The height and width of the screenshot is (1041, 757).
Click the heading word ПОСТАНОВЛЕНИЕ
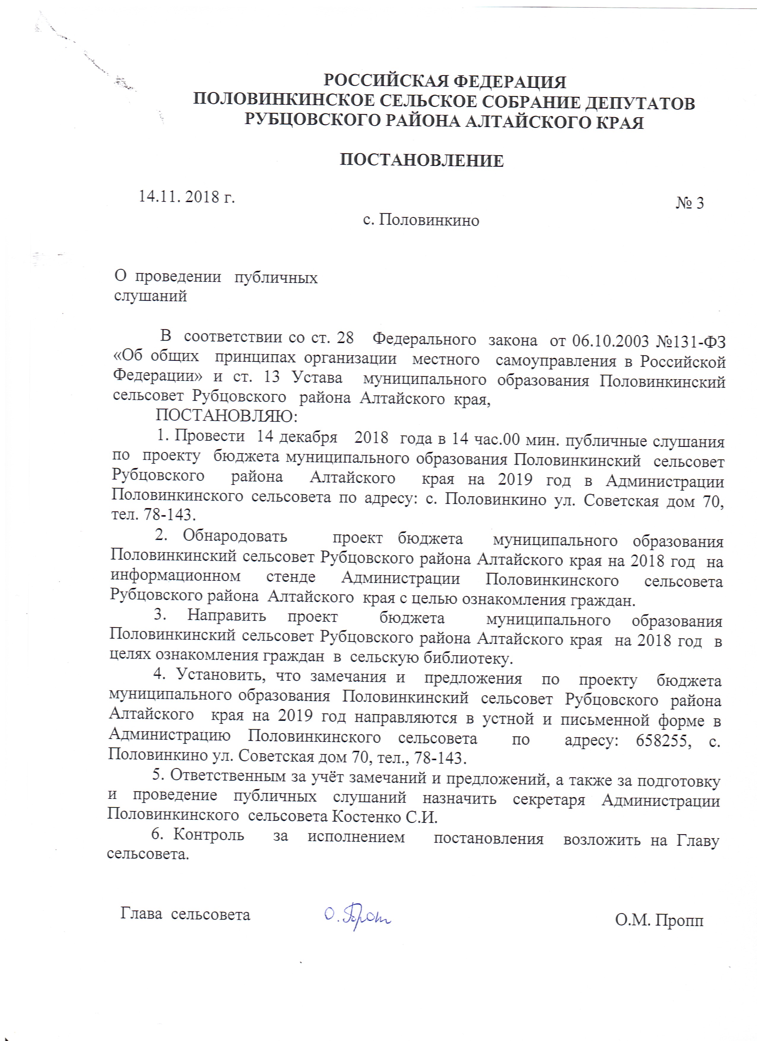coord(421,161)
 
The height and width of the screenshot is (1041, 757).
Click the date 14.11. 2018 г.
coord(187,197)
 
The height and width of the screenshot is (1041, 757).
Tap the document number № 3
coord(690,203)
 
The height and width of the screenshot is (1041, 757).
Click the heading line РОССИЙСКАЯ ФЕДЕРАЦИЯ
coord(444,82)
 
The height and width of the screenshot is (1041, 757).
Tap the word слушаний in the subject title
coord(150,296)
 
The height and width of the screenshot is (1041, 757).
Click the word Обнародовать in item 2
coord(235,536)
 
